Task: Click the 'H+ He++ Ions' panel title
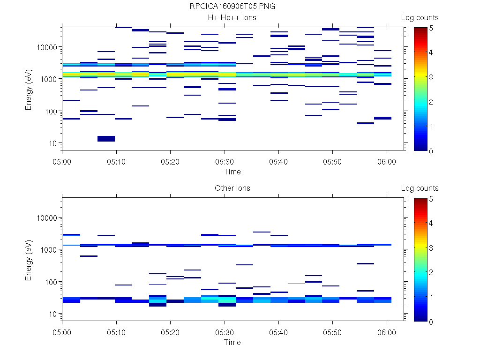232,18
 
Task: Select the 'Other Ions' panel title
232,188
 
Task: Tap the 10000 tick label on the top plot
46,47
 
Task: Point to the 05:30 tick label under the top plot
225,161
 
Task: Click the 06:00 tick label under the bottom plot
387,331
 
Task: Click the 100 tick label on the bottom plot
50,282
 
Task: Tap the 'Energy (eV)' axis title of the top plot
29,87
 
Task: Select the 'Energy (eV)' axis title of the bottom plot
29,258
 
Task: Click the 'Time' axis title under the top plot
232,172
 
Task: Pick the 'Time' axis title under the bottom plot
232,342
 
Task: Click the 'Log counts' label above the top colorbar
420,18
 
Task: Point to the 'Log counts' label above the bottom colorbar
420,188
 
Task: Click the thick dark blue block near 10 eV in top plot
106,138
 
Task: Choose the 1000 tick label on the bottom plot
48,250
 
